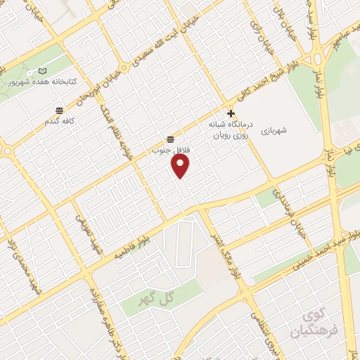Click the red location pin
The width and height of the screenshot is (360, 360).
(181, 165)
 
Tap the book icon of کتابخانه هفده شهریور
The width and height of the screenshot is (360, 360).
(43, 71)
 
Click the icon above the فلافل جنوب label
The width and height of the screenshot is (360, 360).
(170, 138)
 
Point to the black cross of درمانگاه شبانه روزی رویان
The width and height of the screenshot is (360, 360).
(231, 113)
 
